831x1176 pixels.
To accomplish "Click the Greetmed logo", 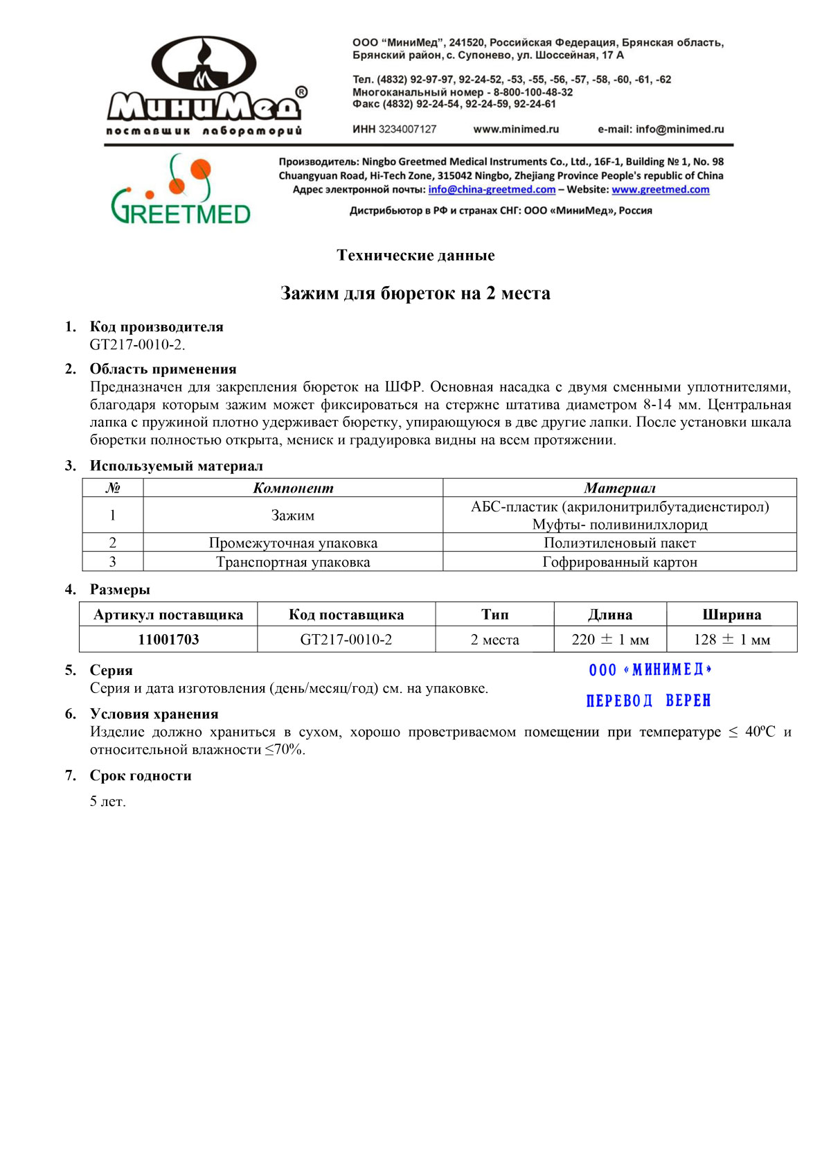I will pos(181,190).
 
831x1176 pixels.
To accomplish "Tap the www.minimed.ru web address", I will pos(516,129).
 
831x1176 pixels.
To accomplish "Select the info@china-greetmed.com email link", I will pos(492,190).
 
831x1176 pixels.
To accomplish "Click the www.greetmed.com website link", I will pos(660,190).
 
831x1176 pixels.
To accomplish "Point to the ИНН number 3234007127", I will pos(407,129).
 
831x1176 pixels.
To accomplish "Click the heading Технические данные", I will pos(415,256).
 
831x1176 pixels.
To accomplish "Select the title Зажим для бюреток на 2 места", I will pos(415,294).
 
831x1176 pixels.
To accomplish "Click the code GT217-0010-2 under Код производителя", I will pos(137,344).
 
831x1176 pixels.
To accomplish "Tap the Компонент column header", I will pos(293,488).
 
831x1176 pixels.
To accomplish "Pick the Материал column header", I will pos(619,488).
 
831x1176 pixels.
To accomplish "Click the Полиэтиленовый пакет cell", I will pos(619,543).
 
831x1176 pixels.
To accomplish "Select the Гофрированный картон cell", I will pos(619,562).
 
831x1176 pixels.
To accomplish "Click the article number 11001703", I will pos(168,640).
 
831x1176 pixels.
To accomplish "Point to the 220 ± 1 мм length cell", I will pos(610,640).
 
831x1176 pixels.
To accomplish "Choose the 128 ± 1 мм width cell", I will pos(732,640).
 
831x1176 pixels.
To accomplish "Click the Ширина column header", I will pos(732,615).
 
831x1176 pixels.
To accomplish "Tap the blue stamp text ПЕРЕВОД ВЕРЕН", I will pos(648,701).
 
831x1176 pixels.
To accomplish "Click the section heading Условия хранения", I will pos(154,714).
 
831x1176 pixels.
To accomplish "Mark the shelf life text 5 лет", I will pos(107,802).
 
